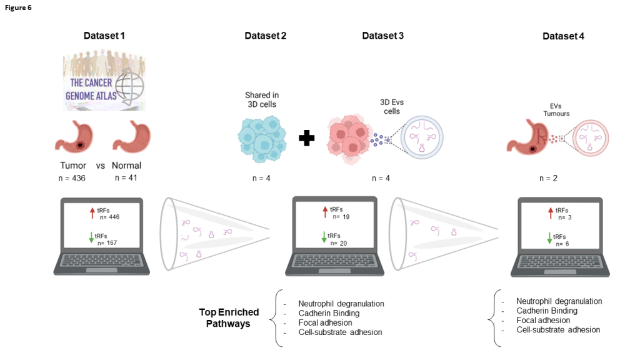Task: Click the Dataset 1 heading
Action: coord(104,36)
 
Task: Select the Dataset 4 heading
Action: coord(563,36)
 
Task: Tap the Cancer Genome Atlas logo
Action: coord(104,82)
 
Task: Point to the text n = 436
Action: coord(70,179)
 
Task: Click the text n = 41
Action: coord(127,179)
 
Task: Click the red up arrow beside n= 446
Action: coord(91,213)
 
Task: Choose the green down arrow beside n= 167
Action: coord(91,237)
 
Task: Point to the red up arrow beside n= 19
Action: coord(324,213)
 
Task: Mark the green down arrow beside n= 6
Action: coord(550,238)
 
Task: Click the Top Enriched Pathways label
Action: coord(229,317)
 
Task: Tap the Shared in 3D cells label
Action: coord(262,99)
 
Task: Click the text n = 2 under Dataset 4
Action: coord(548,178)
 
